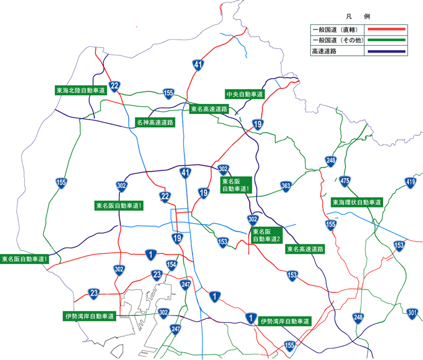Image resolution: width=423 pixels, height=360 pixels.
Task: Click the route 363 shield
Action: coord(286,187)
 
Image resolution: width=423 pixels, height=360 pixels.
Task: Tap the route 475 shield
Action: coord(345,181)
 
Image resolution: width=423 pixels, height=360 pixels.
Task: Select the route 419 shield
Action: coord(411,182)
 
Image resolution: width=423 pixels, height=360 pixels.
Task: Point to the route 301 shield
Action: coord(412,313)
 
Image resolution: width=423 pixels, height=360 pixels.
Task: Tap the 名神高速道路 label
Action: coord(155,121)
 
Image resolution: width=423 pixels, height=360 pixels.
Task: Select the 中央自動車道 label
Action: coord(244,94)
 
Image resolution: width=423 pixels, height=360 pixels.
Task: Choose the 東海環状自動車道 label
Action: coord(356,201)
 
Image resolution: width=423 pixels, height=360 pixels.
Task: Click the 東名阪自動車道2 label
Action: coord(266,235)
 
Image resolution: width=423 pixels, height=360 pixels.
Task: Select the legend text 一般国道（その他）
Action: coord(337,40)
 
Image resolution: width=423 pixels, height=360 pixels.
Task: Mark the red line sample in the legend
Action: coord(386,29)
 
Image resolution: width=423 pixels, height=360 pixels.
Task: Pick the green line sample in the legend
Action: coord(386,40)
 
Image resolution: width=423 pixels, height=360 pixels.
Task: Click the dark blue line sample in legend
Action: coord(386,51)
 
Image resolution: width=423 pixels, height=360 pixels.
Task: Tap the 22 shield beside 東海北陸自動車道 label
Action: coord(114,86)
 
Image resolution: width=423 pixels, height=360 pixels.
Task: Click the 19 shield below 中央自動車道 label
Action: coord(258,125)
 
